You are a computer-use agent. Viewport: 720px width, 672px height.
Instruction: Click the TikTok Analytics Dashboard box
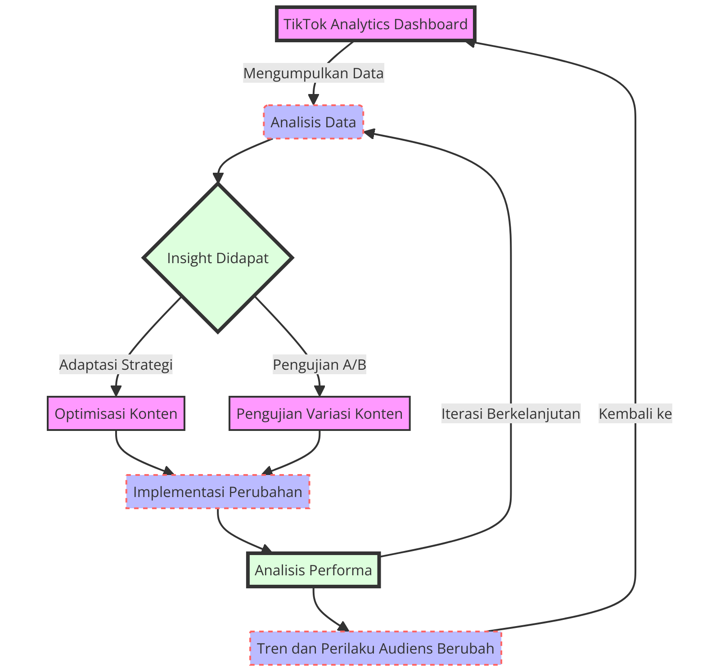pyautogui.click(x=375, y=24)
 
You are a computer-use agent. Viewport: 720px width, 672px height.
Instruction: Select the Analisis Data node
pyautogui.click(x=313, y=122)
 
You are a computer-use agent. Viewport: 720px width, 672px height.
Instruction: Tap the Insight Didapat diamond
pyautogui.click(x=218, y=258)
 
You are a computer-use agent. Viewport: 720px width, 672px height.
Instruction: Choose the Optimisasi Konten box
pyautogui.click(x=116, y=413)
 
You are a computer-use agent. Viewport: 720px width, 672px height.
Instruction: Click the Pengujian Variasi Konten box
pyautogui.click(x=319, y=413)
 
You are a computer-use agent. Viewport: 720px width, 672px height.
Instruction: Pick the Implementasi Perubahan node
pyautogui.click(x=218, y=492)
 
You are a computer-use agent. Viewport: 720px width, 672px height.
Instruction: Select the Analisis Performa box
pyautogui.click(x=314, y=570)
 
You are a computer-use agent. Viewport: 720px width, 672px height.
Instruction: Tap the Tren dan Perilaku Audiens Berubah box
pyautogui.click(x=375, y=648)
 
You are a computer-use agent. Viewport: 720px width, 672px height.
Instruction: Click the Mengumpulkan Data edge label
pyautogui.click(x=314, y=73)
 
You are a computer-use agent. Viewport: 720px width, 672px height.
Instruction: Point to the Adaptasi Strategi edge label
pyautogui.click(x=116, y=364)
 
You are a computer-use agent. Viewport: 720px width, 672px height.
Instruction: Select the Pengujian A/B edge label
pyautogui.click(x=319, y=364)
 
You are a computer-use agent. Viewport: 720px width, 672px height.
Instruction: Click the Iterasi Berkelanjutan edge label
pyautogui.click(x=511, y=413)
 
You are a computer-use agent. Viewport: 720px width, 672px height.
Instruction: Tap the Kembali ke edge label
pyautogui.click(x=635, y=413)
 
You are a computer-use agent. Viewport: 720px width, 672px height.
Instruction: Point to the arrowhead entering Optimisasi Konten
pyautogui.click(x=116, y=391)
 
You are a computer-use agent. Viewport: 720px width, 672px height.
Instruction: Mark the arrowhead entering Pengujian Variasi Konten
pyautogui.click(x=319, y=391)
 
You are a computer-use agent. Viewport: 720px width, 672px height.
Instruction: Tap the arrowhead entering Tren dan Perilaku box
pyautogui.click(x=344, y=627)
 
